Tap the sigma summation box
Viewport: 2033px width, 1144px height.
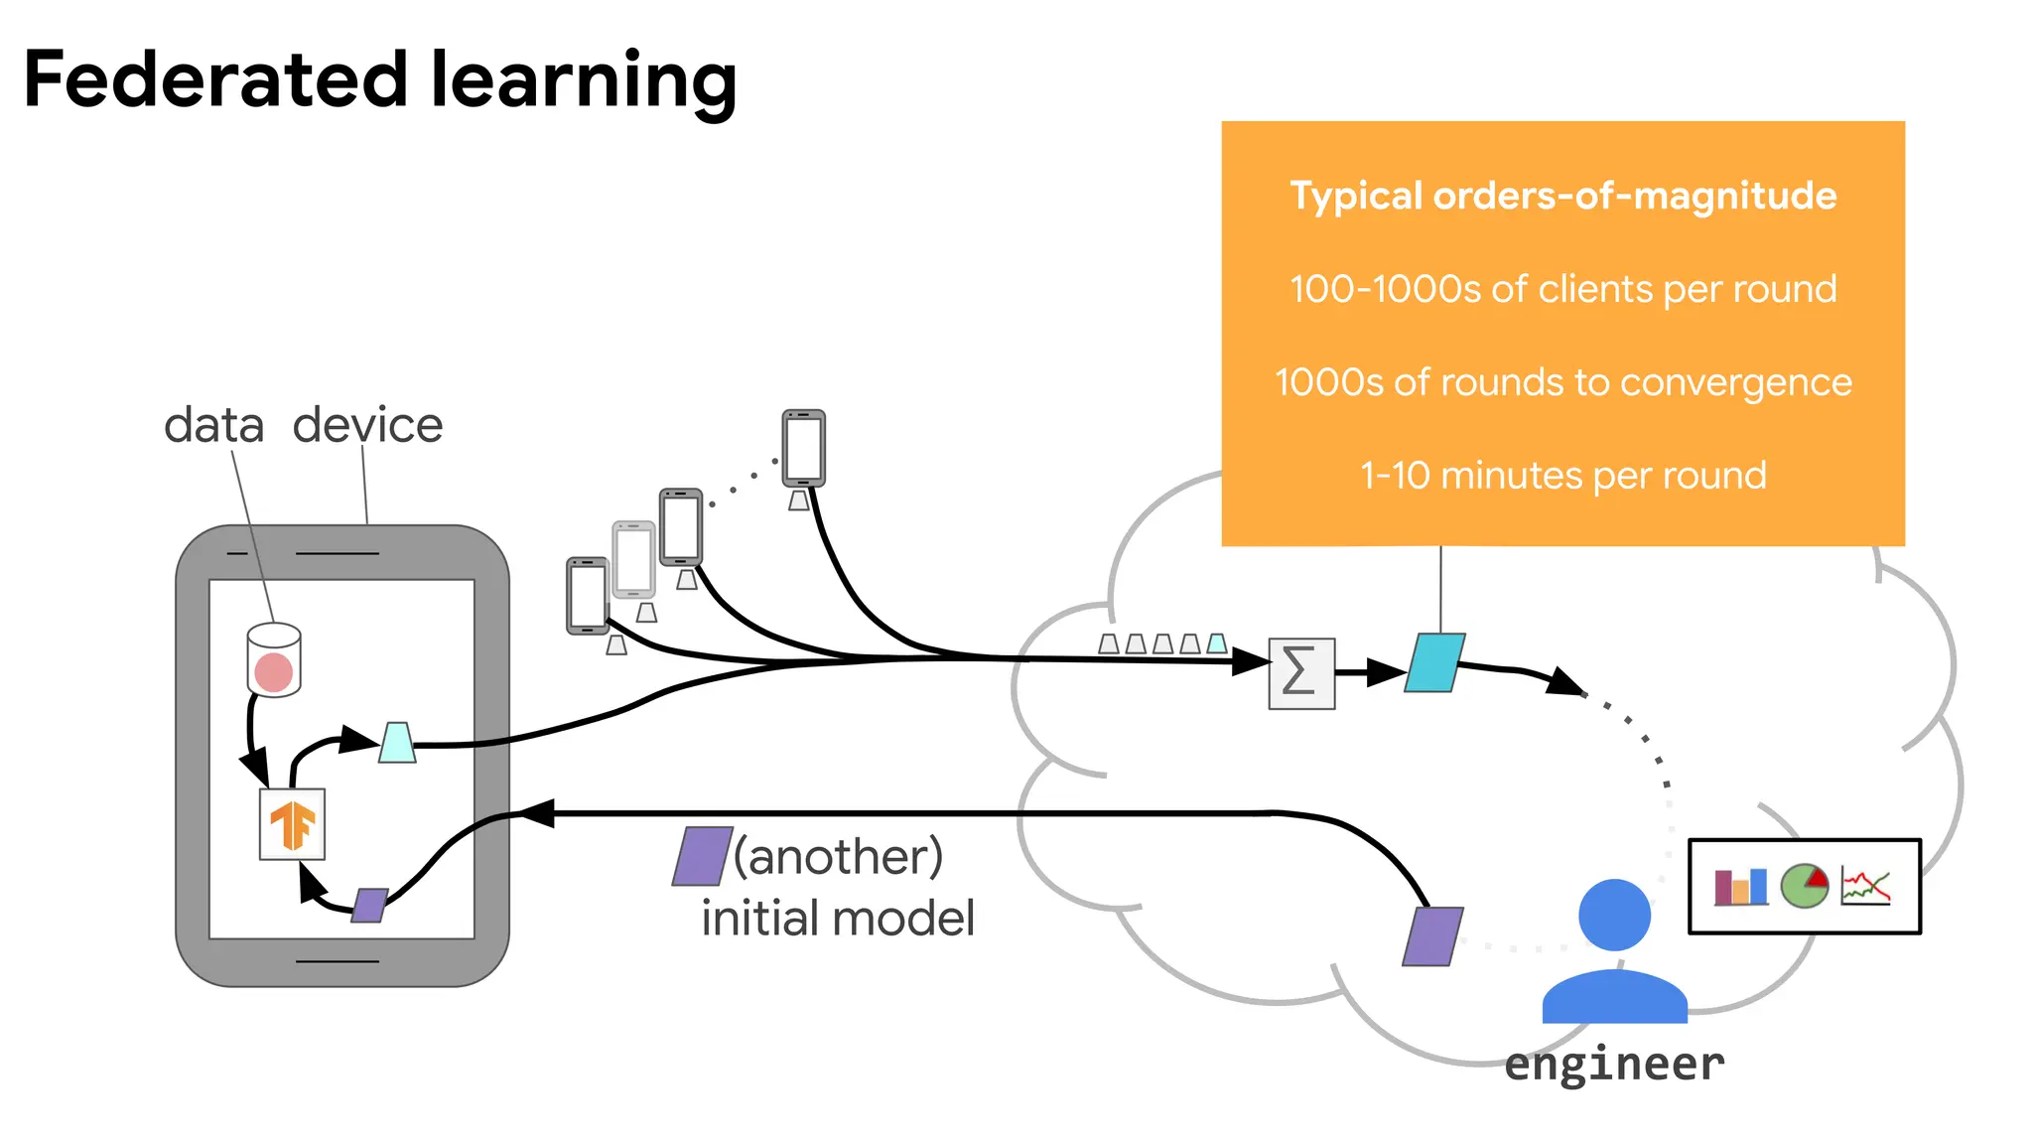[1301, 673]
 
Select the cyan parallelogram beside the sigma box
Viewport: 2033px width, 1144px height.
[1434, 662]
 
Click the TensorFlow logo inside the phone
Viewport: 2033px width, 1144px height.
[292, 824]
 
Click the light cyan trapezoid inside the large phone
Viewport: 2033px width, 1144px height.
[397, 743]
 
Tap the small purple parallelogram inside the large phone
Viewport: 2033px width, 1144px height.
[369, 905]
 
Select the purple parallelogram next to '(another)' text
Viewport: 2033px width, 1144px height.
[702, 856]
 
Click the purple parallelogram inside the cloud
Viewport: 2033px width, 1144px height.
[1432, 935]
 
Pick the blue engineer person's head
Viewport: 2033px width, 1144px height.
[1614, 915]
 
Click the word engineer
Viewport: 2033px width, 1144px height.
[1614, 1065]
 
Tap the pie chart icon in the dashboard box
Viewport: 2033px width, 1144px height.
[1804, 886]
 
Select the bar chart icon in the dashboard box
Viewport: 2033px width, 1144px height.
[1740, 887]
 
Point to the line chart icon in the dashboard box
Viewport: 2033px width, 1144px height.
[1865, 886]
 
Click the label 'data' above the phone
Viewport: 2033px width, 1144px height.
[213, 426]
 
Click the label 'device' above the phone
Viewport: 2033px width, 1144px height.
[367, 426]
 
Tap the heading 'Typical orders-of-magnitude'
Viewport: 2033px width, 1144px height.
[1562, 196]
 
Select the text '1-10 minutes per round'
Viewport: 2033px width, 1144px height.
[1562, 476]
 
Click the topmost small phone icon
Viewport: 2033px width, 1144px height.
[803, 448]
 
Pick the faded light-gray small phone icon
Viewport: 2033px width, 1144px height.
[633, 559]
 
